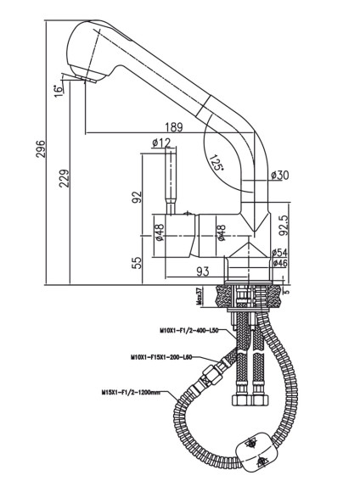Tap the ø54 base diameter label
(x=278, y=253)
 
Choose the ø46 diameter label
(x=278, y=264)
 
